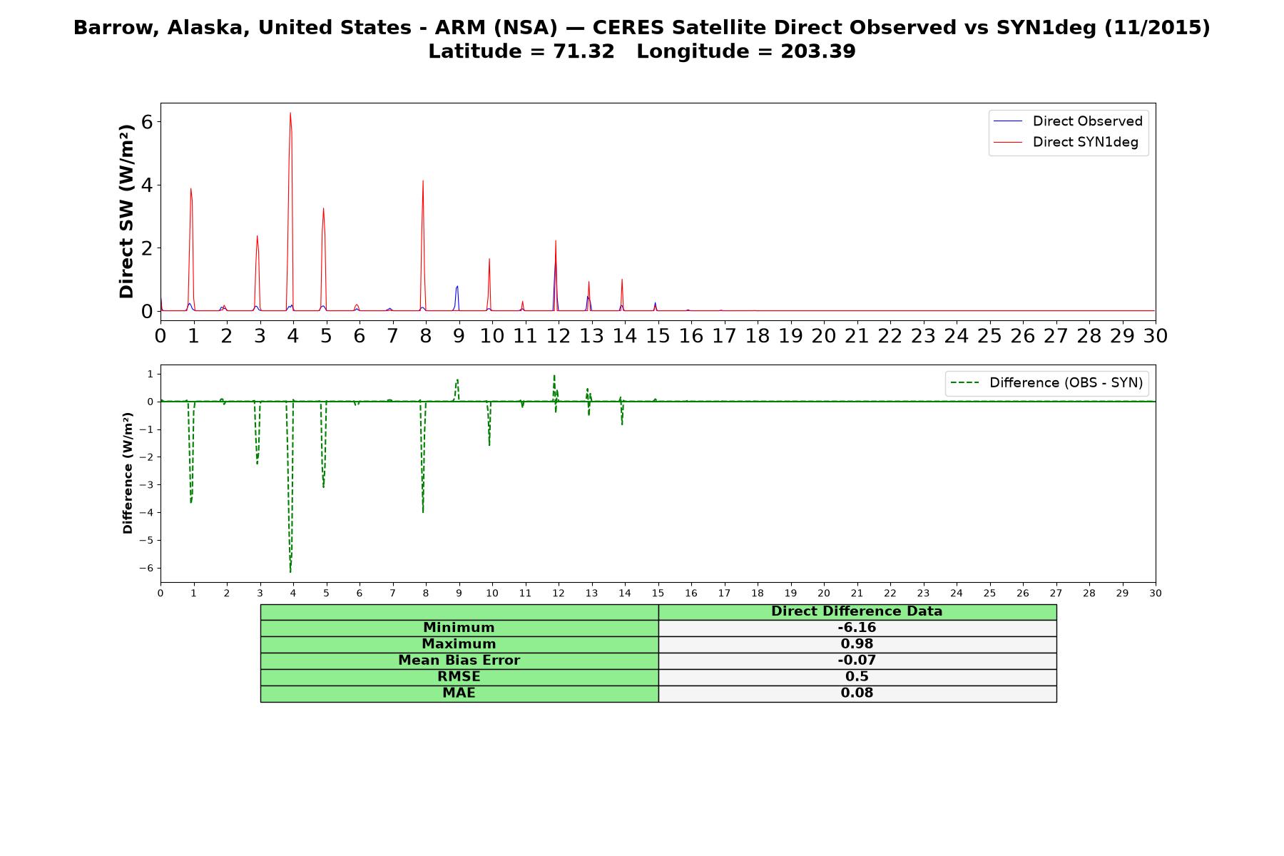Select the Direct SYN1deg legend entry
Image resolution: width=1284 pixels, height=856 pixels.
[1066, 142]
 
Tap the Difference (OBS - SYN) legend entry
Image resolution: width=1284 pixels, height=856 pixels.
[1046, 383]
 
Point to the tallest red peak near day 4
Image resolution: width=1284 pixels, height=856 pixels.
[290, 113]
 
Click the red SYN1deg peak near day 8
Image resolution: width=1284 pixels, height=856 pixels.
[423, 180]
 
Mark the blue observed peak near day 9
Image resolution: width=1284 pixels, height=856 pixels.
[457, 286]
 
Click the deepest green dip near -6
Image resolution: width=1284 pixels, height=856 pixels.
[290, 571]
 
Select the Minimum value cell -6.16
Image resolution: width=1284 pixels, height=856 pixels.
[857, 628]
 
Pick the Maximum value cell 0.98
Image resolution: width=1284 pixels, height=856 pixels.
[857, 644]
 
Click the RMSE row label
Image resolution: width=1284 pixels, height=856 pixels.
[459, 677]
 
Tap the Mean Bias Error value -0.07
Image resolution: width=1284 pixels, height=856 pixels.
[857, 661]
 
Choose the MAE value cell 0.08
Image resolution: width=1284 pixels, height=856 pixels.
[857, 693]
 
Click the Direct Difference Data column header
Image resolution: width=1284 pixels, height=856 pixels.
[857, 611]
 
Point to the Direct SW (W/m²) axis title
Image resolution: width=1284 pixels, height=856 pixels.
[127, 211]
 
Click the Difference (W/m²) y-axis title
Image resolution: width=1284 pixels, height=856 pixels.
[128, 473]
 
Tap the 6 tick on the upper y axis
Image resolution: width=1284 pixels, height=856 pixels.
[148, 122]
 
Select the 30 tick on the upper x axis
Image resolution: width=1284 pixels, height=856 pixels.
[1156, 336]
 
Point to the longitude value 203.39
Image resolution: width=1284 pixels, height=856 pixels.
[818, 51]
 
